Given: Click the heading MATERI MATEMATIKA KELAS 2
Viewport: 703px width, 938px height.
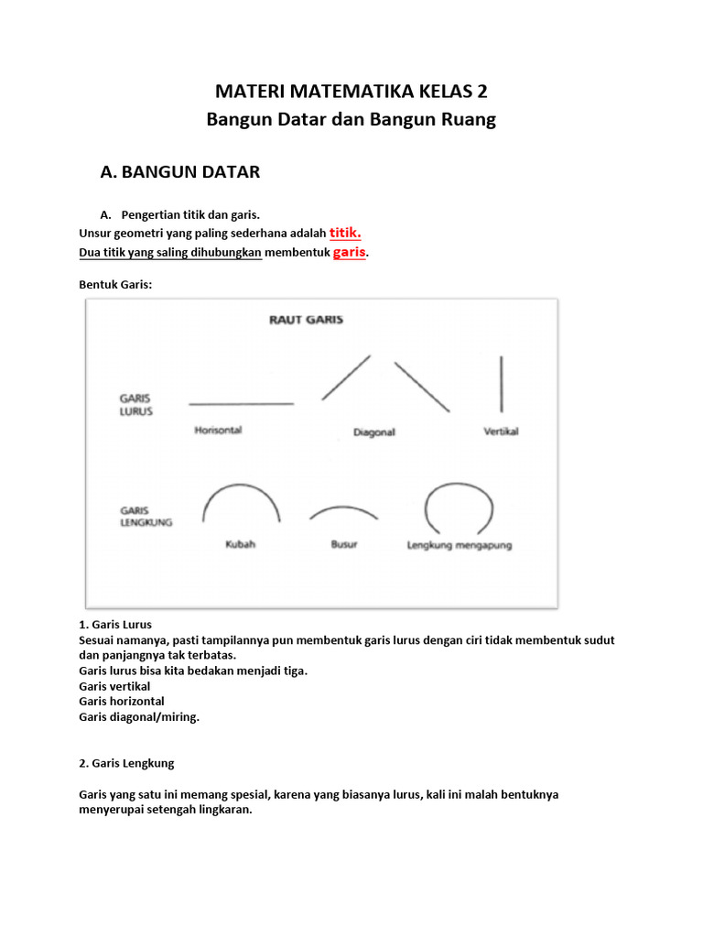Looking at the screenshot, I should (351, 92).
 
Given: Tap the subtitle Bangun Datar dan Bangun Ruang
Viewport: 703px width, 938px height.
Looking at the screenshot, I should (351, 120).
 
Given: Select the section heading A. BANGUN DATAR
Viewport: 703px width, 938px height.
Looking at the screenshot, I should (179, 171).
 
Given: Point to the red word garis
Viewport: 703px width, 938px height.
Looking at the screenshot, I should (349, 252).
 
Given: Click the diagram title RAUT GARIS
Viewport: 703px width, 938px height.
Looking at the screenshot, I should (306, 321).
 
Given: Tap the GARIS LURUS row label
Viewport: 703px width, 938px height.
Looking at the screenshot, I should (135, 405).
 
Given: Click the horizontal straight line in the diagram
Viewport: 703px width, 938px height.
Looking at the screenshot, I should (241, 403).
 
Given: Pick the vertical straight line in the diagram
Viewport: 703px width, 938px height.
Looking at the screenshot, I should (501, 384).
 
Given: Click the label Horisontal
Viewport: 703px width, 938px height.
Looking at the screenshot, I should (218, 430).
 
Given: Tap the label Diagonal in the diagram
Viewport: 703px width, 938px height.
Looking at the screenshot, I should (373, 432).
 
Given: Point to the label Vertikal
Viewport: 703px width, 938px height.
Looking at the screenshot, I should (501, 431).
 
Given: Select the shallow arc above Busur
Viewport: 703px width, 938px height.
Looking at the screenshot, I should (344, 508).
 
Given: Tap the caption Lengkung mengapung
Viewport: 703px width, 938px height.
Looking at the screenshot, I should (460, 545).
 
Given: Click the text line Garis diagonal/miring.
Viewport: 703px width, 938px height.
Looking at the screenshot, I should (139, 717).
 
